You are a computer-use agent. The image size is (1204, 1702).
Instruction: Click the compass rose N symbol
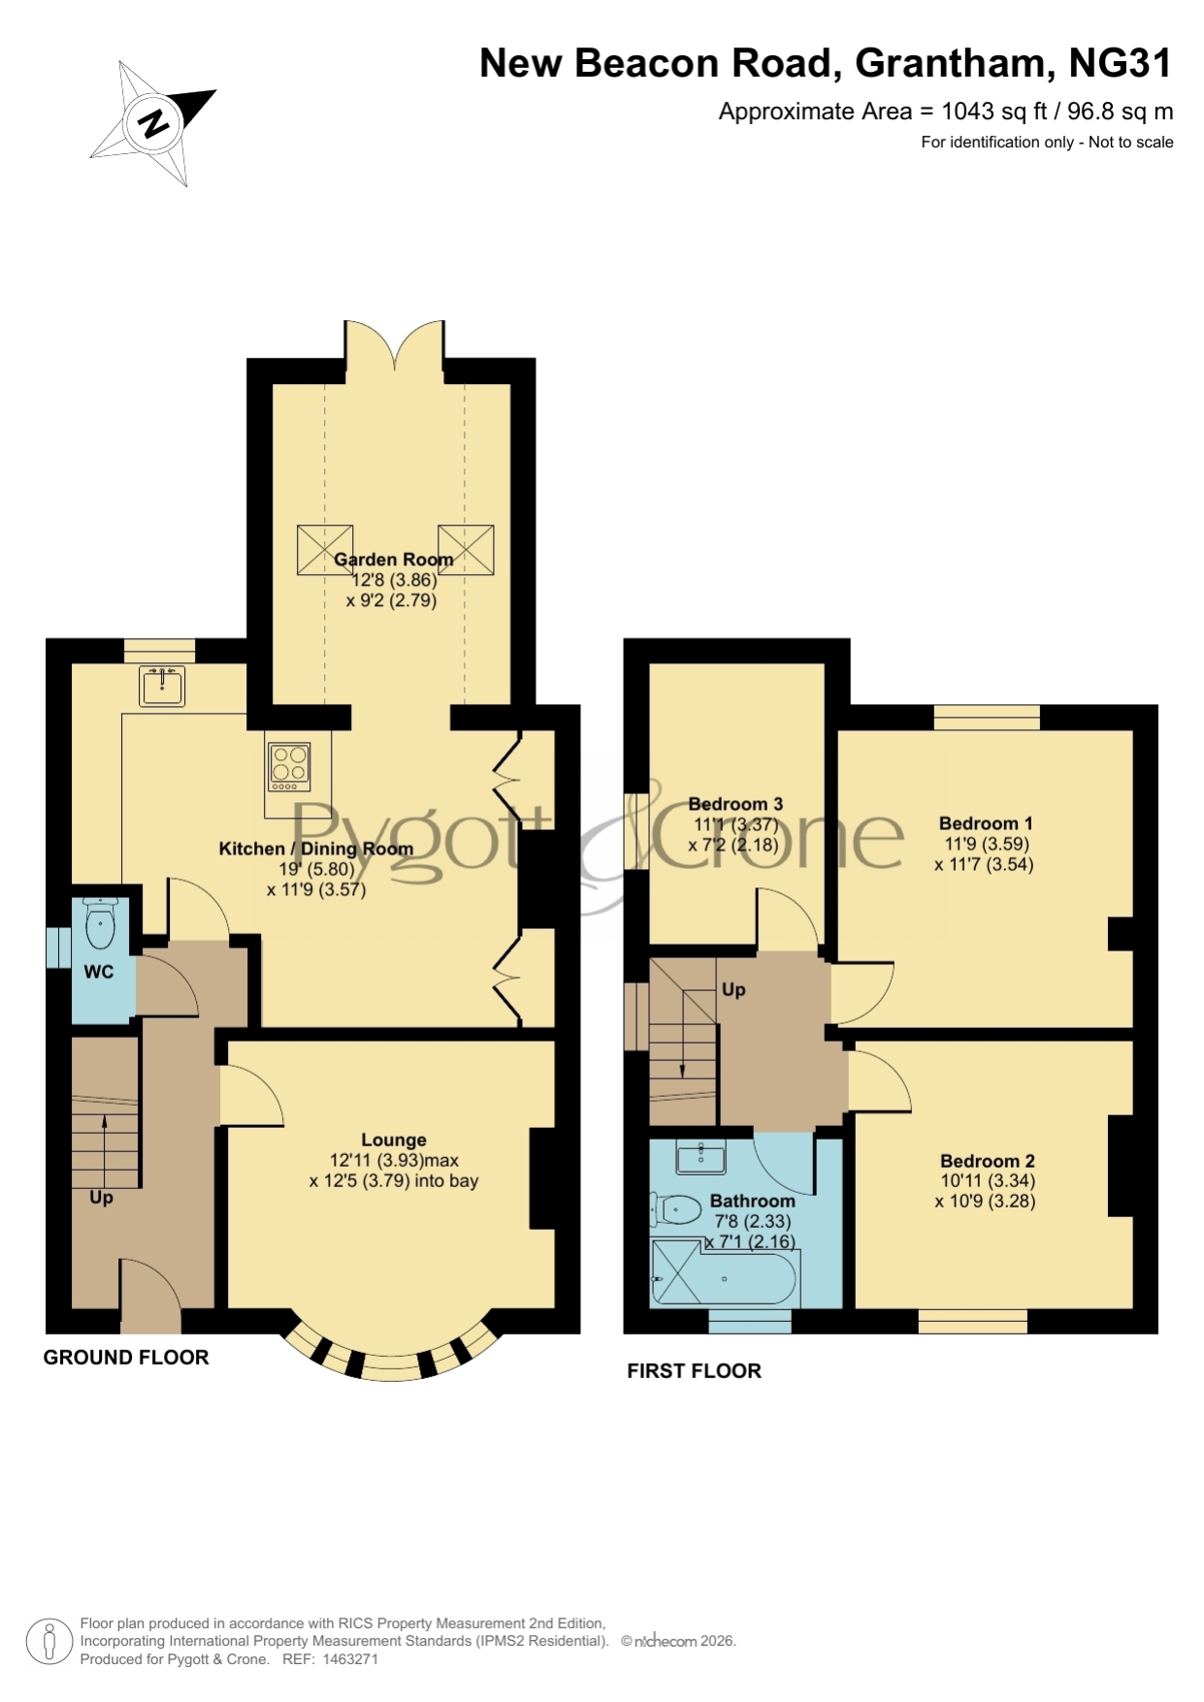point(153,123)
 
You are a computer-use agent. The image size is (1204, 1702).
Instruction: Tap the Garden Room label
point(393,560)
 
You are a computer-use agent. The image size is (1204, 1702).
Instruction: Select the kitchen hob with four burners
point(289,767)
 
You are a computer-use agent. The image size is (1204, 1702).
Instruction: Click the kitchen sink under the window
point(162,687)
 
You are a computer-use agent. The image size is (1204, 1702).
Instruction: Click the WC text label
point(99,972)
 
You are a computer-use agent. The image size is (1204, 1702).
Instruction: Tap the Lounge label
point(394,1140)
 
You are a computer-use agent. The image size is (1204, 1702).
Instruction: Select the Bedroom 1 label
point(986,823)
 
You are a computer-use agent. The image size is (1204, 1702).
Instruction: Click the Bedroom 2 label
point(988,1161)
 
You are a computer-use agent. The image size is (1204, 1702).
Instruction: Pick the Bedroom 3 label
point(735,804)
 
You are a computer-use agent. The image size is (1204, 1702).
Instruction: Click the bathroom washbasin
point(700,1156)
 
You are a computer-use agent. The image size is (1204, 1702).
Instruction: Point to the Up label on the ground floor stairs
point(101,1199)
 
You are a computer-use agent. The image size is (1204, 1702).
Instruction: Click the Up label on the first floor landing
point(733,990)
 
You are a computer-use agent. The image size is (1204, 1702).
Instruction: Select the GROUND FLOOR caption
point(126,1358)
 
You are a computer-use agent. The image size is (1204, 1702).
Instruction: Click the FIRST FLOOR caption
point(694,1371)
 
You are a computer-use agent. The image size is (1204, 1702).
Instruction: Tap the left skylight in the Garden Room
point(325,550)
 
